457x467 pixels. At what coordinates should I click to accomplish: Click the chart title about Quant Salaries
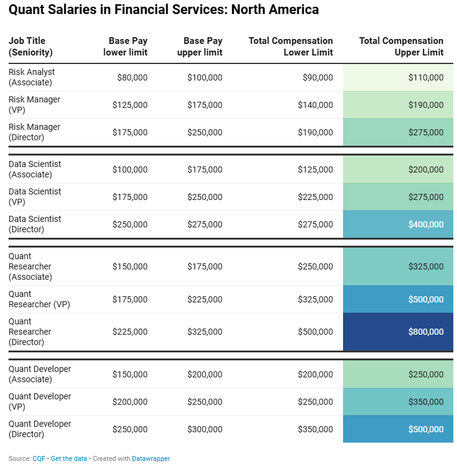pos(163,10)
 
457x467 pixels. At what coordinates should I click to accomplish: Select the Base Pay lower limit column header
pos(126,46)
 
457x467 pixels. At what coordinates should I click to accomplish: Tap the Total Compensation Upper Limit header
pos(401,46)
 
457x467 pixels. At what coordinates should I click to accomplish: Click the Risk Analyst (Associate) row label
pos(32,77)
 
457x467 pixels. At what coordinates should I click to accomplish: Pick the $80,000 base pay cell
pos(132,77)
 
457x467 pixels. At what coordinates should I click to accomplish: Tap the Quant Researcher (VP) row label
pos(39,299)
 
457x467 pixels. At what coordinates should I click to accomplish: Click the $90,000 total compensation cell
pos(317,77)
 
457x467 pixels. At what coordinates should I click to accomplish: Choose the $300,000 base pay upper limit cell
pos(205,429)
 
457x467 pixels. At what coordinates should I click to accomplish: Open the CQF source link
pos(39,458)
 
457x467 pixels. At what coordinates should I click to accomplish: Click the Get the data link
pos(69,458)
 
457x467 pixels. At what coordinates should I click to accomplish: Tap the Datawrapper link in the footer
pos(151,458)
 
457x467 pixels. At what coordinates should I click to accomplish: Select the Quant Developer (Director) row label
pos(40,429)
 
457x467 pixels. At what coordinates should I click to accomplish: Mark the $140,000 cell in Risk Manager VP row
pos(315,105)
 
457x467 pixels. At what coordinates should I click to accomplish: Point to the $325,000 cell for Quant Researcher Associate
pos(426,266)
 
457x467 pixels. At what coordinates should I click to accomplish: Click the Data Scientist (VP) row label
pos(35,196)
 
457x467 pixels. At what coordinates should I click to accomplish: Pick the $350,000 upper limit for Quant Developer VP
pos(426,402)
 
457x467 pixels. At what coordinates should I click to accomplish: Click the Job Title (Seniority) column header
pos(30,46)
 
